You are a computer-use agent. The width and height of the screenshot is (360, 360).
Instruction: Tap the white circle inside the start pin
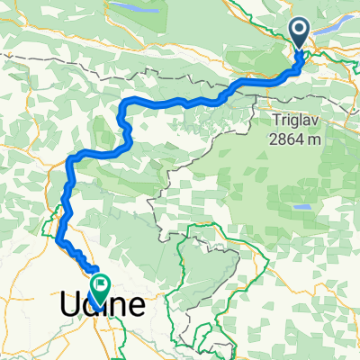[x=301, y=31]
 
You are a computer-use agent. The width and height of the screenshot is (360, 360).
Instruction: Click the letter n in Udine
[x=115, y=306]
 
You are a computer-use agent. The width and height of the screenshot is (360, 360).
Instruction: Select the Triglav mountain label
[x=297, y=118]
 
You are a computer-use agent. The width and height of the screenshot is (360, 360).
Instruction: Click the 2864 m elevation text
[x=297, y=134]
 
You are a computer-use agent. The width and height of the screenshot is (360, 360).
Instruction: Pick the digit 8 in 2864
[x=283, y=134]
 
